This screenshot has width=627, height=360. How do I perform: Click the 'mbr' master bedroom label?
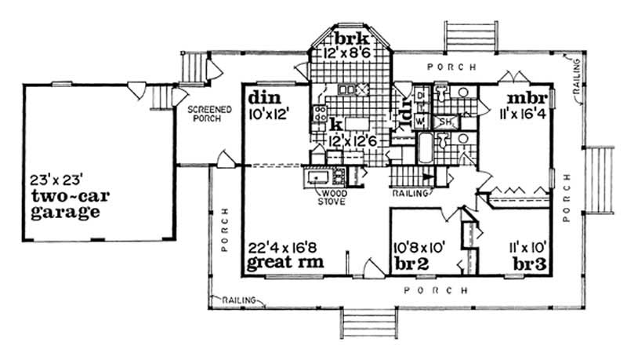click(522, 100)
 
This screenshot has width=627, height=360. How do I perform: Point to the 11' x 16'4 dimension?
click(521, 115)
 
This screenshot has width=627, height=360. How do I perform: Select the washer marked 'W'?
click(419, 122)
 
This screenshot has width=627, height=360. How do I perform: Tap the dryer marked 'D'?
click(420, 96)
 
